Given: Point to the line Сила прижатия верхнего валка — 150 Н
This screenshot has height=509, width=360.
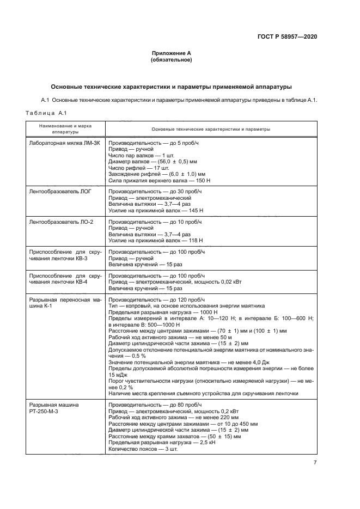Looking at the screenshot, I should [160, 180].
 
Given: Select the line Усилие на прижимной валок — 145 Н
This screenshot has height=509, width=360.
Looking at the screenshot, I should [156, 210].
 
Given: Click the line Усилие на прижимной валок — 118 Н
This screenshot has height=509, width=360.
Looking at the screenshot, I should [156, 240].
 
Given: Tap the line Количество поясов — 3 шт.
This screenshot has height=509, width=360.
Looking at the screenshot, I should [143, 449].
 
